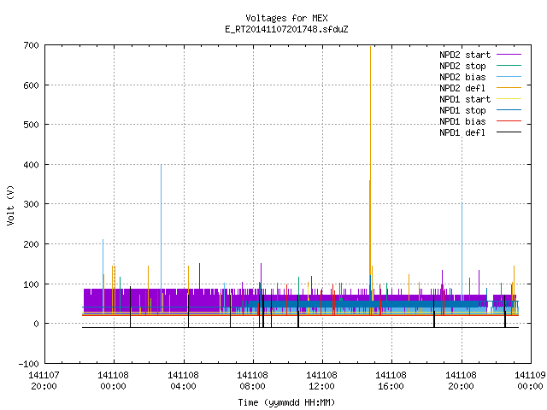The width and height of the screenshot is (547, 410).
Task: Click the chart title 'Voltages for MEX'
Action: (x=286, y=18)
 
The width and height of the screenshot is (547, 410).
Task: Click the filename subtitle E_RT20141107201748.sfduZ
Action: (x=286, y=29)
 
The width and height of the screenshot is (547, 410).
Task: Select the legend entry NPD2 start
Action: (x=465, y=55)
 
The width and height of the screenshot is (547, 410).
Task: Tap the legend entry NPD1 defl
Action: (x=462, y=132)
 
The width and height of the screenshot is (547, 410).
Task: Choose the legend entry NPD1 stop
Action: (x=462, y=110)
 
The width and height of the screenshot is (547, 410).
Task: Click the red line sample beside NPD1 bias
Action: (x=509, y=121)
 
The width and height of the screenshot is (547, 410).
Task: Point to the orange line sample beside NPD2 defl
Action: (x=509, y=88)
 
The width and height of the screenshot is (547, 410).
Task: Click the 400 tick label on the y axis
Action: (x=31, y=165)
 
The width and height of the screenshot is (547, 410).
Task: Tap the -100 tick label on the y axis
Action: (x=28, y=364)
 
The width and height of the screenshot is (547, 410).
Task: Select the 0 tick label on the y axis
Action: (x=36, y=324)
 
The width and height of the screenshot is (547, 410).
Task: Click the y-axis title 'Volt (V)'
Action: (x=10, y=206)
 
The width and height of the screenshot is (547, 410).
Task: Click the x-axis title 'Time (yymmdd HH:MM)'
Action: (x=286, y=402)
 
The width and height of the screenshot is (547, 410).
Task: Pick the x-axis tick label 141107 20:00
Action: (x=44, y=381)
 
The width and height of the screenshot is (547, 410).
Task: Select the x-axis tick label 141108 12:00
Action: (x=321, y=381)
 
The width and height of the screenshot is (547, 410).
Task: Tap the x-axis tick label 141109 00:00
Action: (x=530, y=381)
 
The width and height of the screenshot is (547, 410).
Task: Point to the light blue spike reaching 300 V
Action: (x=462, y=251)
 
